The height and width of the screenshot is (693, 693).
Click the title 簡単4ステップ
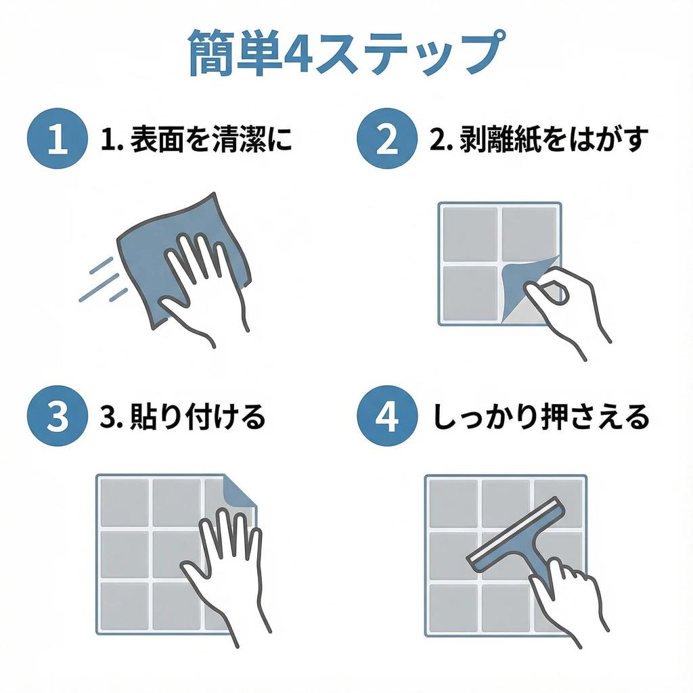(346, 52)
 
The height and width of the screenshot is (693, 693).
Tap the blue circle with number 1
(58, 138)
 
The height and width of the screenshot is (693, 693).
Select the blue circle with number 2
(387, 138)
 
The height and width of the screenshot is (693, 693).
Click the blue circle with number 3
(58, 416)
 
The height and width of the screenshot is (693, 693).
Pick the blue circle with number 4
(387, 416)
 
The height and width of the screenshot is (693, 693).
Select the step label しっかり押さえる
(541, 416)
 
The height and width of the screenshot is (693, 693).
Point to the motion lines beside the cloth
(103, 280)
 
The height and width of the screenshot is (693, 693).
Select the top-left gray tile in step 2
(470, 234)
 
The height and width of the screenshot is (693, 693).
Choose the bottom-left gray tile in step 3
(125, 606)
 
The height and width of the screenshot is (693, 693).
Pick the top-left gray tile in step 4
(453, 504)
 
